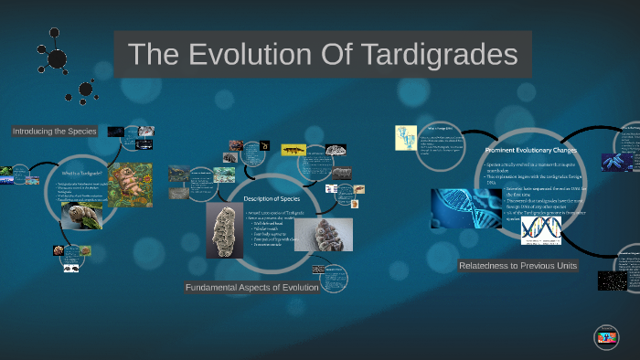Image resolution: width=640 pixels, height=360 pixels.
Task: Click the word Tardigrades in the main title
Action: [439, 54]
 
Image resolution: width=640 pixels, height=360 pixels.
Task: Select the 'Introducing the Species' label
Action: [55, 132]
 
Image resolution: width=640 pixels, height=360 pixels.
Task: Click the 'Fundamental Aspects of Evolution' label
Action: [251, 288]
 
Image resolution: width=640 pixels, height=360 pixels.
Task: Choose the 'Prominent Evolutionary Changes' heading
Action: [528, 149]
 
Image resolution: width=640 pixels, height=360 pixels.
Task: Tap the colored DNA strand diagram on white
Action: [540, 229]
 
